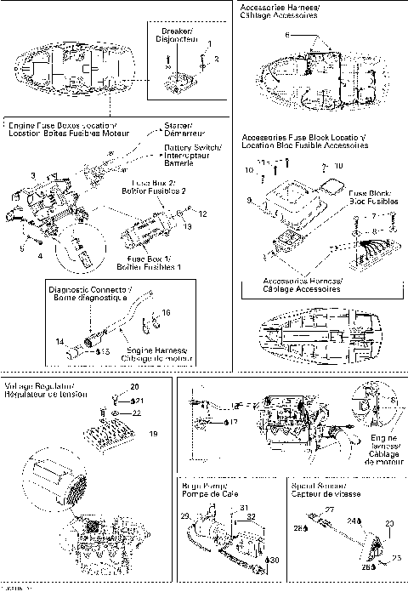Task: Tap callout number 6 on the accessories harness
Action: click(x=287, y=35)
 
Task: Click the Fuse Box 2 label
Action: click(x=156, y=188)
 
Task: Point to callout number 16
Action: click(x=166, y=313)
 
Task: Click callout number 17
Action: click(x=232, y=420)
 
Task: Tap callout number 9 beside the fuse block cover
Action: click(x=250, y=200)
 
